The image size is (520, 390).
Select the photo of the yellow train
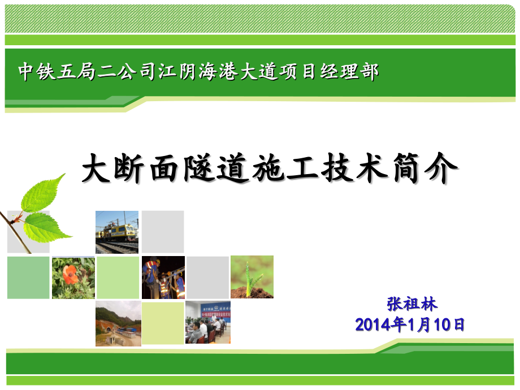click(117, 232)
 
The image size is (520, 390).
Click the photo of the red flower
click(73, 278)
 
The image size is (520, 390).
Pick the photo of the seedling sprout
click(252, 277)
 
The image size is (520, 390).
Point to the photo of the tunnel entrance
click(118, 323)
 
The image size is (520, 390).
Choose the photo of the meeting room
click(207, 323)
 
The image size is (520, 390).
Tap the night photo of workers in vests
click(163, 278)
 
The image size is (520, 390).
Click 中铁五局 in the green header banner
click(54, 72)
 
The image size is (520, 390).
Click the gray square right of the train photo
click(163, 232)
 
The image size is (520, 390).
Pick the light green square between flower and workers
click(118, 278)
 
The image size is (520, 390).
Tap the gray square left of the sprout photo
click(207, 278)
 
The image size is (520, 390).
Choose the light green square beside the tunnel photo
click(163, 323)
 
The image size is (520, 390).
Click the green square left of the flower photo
click(28, 278)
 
